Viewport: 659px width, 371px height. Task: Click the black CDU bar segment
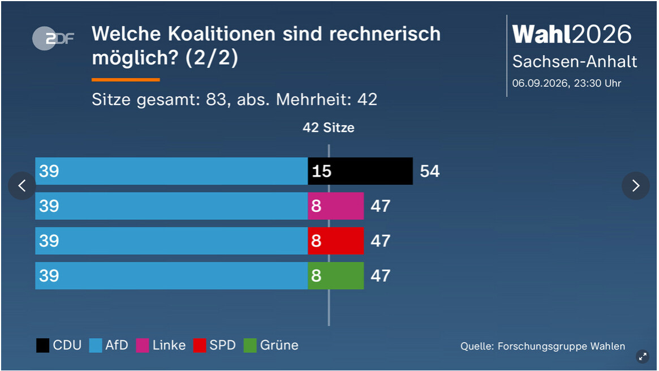tap(360, 171)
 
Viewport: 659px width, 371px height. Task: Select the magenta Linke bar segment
tap(336, 206)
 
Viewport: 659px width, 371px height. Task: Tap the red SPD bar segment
tap(336, 241)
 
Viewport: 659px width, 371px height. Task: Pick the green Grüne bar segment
tap(336, 275)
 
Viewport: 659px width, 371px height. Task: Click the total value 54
tap(429, 171)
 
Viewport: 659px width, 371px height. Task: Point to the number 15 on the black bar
tap(321, 171)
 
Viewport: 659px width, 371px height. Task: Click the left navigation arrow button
tap(22, 186)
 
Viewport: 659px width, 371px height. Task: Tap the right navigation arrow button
tap(635, 186)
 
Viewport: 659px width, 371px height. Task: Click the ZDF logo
tap(53, 39)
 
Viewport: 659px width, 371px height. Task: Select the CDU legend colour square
tap(42, 346)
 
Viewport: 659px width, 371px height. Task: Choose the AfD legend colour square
tap(96, 346)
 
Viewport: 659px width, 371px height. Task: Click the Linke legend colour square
tap(143, 346)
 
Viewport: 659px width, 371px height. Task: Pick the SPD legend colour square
tap(200, 346)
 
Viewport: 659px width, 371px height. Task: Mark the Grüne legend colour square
tap(250, 346)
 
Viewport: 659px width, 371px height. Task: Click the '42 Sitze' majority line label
tap(328, 127)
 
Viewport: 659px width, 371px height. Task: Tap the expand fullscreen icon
tap(643, 357)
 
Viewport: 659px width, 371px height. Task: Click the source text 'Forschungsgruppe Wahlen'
tap(561, 346)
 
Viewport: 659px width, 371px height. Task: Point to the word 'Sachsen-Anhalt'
tap(575, 62)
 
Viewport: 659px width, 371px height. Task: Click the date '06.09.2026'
tap(540, 83)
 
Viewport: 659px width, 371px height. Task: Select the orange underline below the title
tap(126, 79)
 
